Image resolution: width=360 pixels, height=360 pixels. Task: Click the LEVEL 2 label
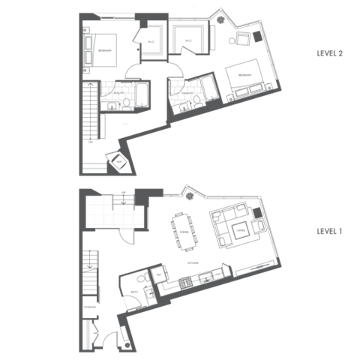329,53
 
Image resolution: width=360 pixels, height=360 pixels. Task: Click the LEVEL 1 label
329,232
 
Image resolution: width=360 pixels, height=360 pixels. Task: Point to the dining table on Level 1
184,231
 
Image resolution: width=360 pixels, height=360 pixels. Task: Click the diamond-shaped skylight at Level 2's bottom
118,162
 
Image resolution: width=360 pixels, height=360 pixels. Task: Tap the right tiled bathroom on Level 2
185,94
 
